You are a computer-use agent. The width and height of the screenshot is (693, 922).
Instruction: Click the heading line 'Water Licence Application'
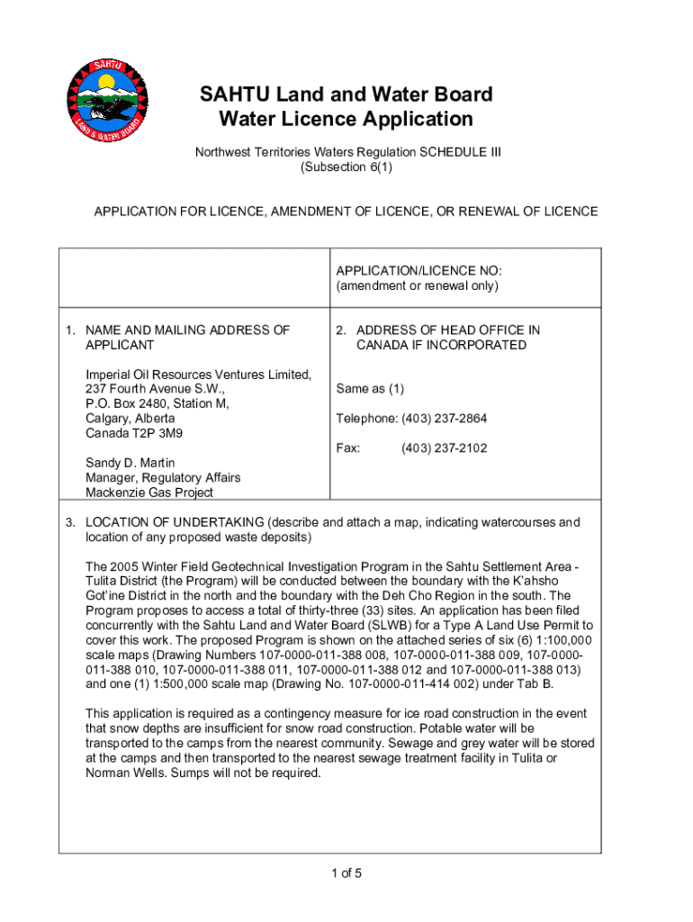click(346, 120)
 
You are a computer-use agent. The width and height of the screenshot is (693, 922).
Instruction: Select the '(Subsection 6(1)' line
click(346, 167)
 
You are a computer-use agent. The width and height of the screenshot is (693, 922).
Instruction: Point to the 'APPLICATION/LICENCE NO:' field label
click(418, 271)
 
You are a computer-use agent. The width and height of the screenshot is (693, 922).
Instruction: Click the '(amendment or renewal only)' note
click(417, 286)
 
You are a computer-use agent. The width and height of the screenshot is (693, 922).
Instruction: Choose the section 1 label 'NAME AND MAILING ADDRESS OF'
click(187, 330)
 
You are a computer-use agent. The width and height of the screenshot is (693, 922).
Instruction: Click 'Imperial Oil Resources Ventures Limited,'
click(198, 375)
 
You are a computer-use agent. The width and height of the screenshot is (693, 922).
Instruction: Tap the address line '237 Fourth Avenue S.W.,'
click(155, 389)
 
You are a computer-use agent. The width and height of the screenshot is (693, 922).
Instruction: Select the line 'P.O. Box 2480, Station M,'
click(157, 403)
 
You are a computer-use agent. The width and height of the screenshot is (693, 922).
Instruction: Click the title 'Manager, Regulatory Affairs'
click(163, 477)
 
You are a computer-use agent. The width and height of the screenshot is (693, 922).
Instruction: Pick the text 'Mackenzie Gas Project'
click(149, 493)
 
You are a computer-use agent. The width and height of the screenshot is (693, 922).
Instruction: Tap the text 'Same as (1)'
click(370, 389)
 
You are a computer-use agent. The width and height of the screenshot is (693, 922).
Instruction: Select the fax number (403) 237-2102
click(445, 447)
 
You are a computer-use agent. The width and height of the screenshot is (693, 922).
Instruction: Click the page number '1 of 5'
click(346, 872)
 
